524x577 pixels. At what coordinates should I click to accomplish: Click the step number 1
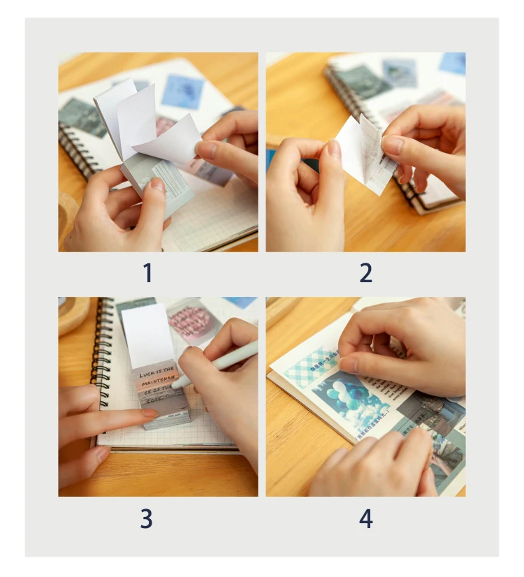[147, 273]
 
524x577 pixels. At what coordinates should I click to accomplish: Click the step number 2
[365, 273]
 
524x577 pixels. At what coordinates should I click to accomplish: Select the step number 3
[146, 518]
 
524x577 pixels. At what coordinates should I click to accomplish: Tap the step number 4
[365, 518]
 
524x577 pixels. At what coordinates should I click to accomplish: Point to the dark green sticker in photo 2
[363, 82]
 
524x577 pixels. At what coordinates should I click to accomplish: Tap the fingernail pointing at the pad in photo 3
[149, 414]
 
